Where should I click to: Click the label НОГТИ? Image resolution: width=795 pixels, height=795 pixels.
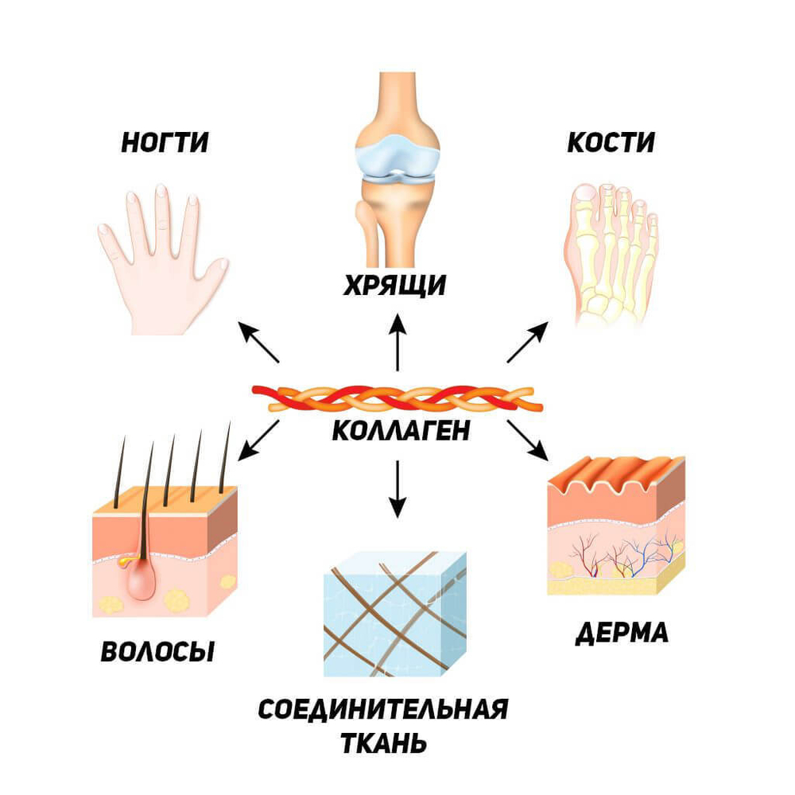click(x=165, y=144)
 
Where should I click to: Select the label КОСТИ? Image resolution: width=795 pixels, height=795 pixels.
click(x=611, y=144)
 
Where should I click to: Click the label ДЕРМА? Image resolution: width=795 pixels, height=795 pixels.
click(x=622, y=634)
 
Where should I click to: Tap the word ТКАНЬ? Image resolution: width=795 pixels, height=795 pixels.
click(x=383, y=745)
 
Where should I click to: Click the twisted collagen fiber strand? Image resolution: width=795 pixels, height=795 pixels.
click(x=397, y=397)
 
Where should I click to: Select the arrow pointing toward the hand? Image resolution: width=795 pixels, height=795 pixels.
click(x=259, y=343)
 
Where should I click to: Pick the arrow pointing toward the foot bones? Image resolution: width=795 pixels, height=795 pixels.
click(x=529, y=343)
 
